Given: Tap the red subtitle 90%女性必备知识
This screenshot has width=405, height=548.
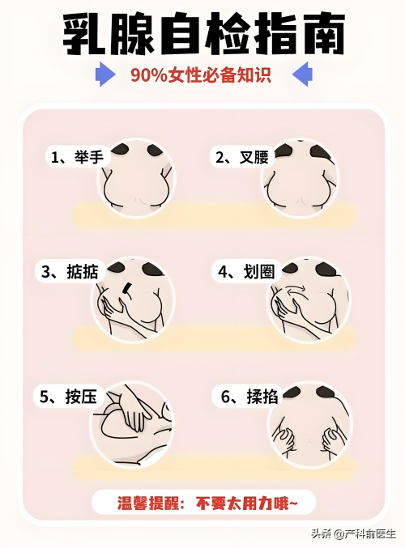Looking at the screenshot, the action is (201, 74).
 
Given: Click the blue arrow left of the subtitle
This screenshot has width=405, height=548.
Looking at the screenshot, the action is (105, 74).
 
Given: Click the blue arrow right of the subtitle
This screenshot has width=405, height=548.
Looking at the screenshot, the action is (302, 74).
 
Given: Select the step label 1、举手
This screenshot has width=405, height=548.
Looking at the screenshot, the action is (78, 157).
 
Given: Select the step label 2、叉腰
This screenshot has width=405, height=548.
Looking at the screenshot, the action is (241, 157).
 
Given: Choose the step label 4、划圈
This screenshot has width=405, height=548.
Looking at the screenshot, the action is (246, 271).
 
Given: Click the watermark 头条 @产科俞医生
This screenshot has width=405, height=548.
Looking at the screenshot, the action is (354, 533).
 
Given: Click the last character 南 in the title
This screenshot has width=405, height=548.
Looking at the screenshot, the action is (323, 34).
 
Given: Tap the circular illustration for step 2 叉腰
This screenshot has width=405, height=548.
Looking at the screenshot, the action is (301, 178).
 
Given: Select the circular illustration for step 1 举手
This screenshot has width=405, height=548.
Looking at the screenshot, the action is (137, 179).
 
